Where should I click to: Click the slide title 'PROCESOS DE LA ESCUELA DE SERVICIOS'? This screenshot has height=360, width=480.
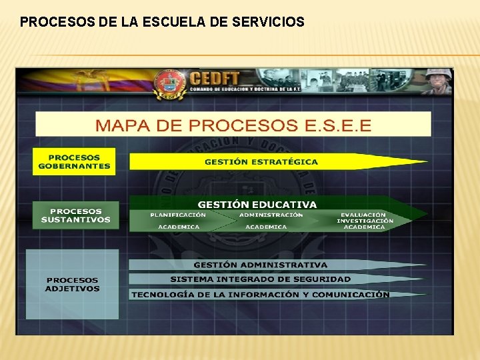point(162,22)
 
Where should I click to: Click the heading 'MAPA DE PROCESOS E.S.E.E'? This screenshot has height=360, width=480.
point(233,125)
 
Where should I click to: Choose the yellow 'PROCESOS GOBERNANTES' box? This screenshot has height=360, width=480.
point(74,161)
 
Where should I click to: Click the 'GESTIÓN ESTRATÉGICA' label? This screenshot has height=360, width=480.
point(261,161)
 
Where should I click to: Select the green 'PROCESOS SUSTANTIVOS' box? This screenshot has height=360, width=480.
point(75,215)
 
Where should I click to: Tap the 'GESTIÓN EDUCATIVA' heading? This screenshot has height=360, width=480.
point(257,204)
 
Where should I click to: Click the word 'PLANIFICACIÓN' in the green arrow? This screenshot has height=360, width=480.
point(178,215)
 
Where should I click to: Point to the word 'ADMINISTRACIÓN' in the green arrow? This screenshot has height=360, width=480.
point(271,215)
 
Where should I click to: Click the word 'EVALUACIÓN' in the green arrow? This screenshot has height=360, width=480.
point(363,215)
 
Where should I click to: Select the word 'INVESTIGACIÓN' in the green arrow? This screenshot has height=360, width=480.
point(365,221)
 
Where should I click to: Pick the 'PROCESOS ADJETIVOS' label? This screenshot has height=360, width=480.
point(72,284)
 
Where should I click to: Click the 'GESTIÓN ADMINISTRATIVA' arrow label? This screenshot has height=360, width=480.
point(261,265)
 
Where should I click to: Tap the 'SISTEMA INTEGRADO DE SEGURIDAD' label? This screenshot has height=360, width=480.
point(260,279)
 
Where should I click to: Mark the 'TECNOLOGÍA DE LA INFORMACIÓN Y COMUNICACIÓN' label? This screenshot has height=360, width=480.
point(260,294)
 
